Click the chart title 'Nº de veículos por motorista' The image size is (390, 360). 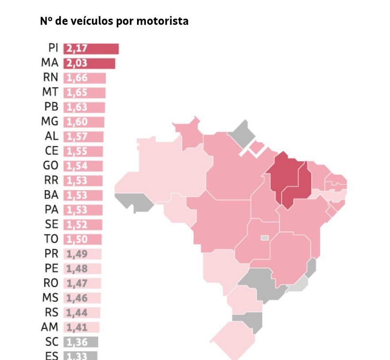(114, 21)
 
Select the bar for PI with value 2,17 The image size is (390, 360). (91, 49)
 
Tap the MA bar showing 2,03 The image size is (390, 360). (89, 63)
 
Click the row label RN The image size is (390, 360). (50, 78)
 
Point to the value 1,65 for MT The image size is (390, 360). (77, 93)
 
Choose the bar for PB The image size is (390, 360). (84, 107)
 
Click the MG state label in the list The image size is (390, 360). (50, 121)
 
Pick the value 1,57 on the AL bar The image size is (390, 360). (77, 136)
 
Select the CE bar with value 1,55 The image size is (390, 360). (84, 151)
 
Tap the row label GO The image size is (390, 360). (51, 166)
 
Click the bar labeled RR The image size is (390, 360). (83, 180)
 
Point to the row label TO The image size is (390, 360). (51, 239)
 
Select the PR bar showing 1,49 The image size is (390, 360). (83, 254)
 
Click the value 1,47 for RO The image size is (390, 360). (76, 283)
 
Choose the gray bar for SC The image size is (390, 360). (80, 341)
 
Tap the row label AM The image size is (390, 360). (50, 327)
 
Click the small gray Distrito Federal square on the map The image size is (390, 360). (264, 238)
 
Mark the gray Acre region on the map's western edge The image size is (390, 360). (133, 201)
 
